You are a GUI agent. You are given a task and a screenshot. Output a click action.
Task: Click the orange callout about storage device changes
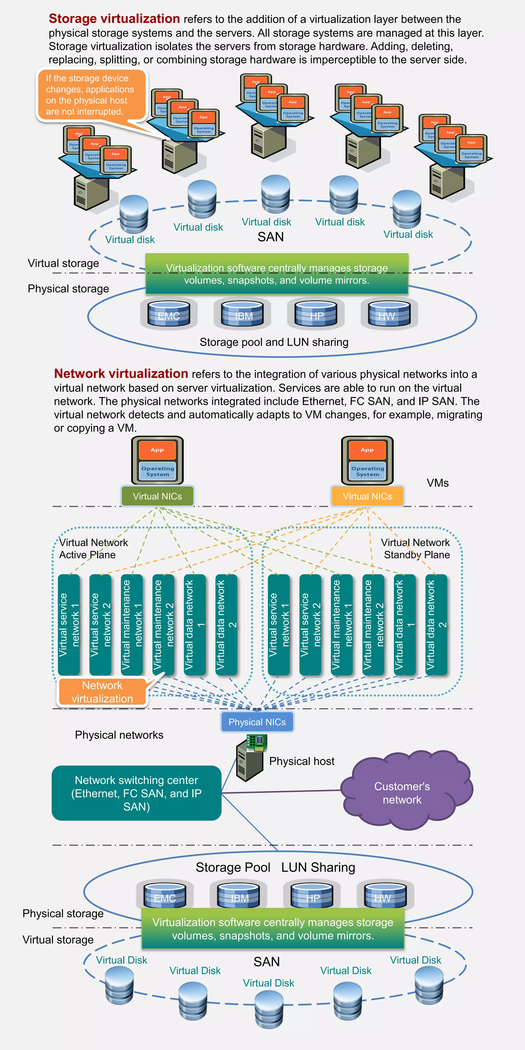[91, 95]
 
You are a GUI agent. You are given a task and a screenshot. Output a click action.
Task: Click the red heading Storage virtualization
[114, 19]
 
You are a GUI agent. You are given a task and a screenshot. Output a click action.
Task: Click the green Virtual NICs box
[157, 496]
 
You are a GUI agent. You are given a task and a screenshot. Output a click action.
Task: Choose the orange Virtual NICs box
[367, 496]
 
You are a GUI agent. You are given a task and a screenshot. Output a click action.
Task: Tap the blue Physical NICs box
[257, 722]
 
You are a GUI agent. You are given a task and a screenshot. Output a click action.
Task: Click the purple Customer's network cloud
[402, 792]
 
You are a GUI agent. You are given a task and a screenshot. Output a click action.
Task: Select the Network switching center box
[137, 793]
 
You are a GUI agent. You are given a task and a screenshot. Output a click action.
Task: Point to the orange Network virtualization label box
[102, 692]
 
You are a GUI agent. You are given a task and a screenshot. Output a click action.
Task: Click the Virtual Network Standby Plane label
[416, 548]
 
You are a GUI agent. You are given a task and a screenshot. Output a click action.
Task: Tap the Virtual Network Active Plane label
[93, 548]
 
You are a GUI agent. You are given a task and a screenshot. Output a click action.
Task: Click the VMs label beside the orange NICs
[437, 483]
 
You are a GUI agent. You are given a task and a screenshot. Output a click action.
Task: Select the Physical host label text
[302, 761]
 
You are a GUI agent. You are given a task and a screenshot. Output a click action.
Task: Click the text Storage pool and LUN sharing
[274, 342]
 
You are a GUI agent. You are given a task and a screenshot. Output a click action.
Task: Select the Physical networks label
[119, 735]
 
